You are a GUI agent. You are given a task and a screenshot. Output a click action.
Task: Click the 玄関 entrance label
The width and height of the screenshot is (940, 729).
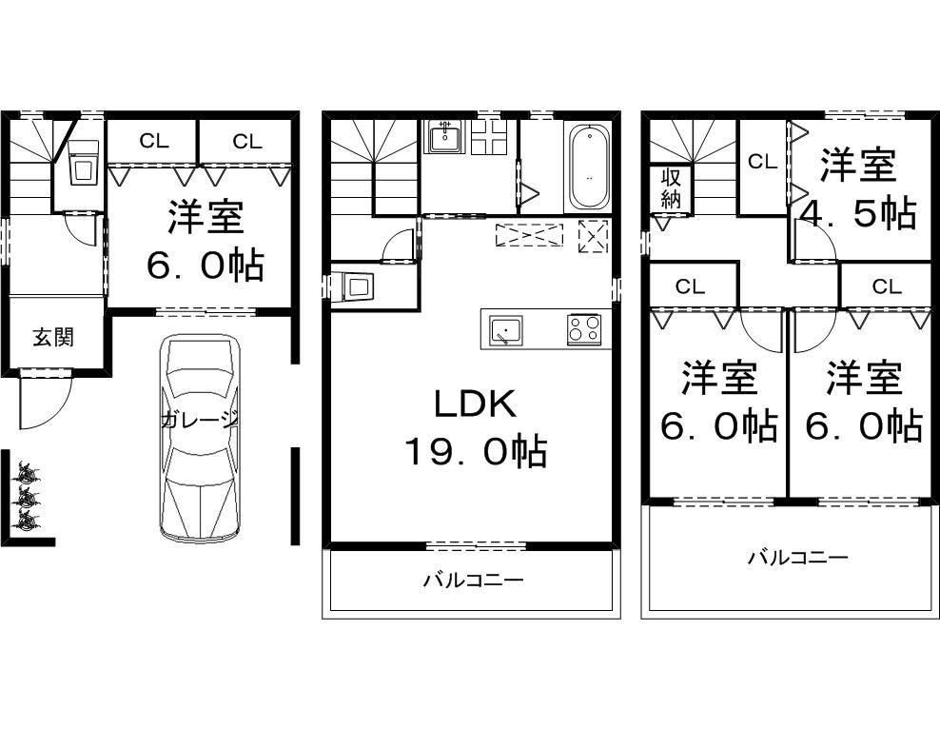pyautogui.click(x=53, y=337)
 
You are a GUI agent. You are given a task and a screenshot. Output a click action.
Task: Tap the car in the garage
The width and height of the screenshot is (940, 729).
pyautogui.click(x=198, y=438)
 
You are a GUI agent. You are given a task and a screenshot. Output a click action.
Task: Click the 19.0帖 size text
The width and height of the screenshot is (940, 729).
pyautogui.click(x=475, y=450)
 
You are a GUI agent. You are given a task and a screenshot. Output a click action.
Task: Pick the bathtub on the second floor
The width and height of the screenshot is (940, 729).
pyautogui.click(x=588, y=168)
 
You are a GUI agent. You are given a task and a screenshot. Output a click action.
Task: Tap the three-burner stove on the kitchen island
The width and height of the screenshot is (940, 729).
pyautogui.click(x=583, y=330)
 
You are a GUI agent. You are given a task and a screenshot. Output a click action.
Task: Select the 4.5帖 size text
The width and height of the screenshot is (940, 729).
pyautogui.click(x=859, y=213)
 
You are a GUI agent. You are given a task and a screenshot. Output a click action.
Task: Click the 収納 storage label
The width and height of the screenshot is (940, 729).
pyautogui.click(x=672, y=187)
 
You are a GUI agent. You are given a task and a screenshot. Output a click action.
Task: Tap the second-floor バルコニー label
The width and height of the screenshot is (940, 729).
pyautogui.click(x=473, y=579)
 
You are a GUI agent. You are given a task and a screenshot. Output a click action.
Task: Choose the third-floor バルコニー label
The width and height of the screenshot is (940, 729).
pyautogui.click(x=796, y=558)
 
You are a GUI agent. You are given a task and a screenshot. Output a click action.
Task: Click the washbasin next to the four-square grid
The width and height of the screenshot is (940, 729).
pyautogui.click(x=444, y=137)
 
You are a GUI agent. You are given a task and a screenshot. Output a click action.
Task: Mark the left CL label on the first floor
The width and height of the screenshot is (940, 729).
pyautogui.click(x=153, y=142)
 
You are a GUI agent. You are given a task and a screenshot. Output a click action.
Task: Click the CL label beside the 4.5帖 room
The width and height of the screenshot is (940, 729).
pyautogui.click(x=762, y=162)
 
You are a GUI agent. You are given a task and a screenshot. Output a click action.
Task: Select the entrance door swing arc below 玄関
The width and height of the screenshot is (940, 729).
pyautogui.click(x=43, y=404)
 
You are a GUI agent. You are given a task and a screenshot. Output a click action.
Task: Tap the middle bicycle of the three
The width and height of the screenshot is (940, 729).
pyautogui.click(x=26, y=496)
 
